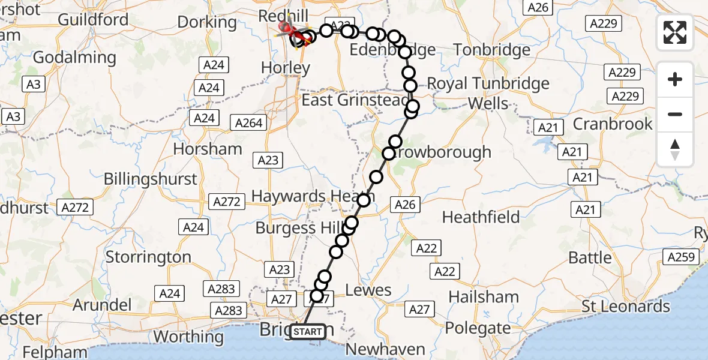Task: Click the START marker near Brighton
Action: click(308, 331)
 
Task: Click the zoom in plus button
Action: click(675, 80)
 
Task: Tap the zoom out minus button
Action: click(675, 114)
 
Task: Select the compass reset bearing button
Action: click(675, 149)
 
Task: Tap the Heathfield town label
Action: click(481, 217)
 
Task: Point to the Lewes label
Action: click(368, 290)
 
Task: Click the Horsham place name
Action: click(207, 149)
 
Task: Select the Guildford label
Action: click(93, 19)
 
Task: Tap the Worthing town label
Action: click(188, 336)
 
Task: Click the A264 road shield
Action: click(249, 122)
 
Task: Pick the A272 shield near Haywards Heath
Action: click(227, 202)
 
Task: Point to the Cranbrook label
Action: click(613, 124)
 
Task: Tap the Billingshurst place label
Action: click(150, 179)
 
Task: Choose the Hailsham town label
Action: click(484, 296)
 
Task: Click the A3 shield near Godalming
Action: click(34, 85)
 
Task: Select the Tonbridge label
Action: click(492, 50)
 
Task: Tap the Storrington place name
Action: click(148, 257)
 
